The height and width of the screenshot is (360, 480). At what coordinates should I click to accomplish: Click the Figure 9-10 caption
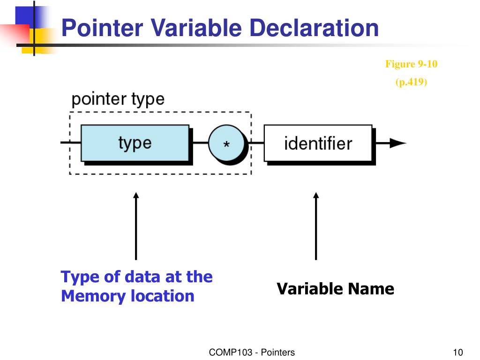coord(411,64)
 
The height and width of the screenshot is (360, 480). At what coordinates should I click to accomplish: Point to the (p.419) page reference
coord(411,82)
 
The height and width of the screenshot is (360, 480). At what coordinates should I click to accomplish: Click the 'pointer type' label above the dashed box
coord(118,99)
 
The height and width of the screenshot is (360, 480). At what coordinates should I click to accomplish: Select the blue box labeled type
coord(135,143)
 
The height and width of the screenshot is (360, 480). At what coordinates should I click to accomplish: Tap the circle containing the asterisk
coord(226,144)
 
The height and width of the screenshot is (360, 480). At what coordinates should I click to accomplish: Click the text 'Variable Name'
coord(335,289)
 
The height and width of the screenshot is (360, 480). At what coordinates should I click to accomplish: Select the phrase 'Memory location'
coord(127,296)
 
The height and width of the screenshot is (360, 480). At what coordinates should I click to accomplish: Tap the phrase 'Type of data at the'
coord(136,277)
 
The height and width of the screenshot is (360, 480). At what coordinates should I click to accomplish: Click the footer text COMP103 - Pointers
coord(252,352)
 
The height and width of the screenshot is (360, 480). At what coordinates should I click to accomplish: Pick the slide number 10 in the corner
coord(458,352)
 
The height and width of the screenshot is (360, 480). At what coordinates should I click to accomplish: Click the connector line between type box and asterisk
coord(200,142)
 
